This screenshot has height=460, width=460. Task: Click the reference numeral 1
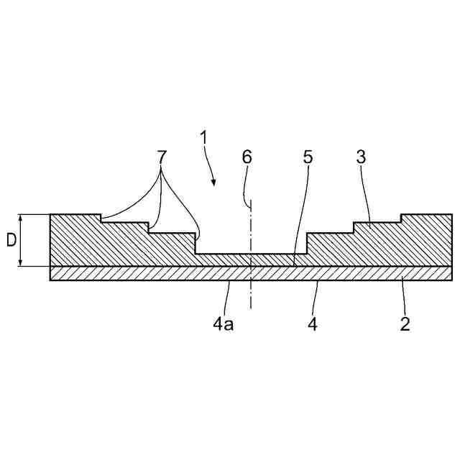tap(204, 137)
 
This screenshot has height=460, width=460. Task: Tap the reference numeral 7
tap(161, 157)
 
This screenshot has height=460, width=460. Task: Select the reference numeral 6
tap(248, 157)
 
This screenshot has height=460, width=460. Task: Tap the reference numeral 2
tap(405, 323)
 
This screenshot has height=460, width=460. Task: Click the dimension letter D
tap(11, 240)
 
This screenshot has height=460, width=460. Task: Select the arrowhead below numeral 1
tap(214, 183)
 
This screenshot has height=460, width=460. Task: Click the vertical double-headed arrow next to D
tap(23, 240)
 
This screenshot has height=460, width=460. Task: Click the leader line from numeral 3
tap(367, 194)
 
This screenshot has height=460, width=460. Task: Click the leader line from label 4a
tap(226, 298)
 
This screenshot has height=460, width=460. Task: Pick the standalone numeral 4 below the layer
tap(313, 324)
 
